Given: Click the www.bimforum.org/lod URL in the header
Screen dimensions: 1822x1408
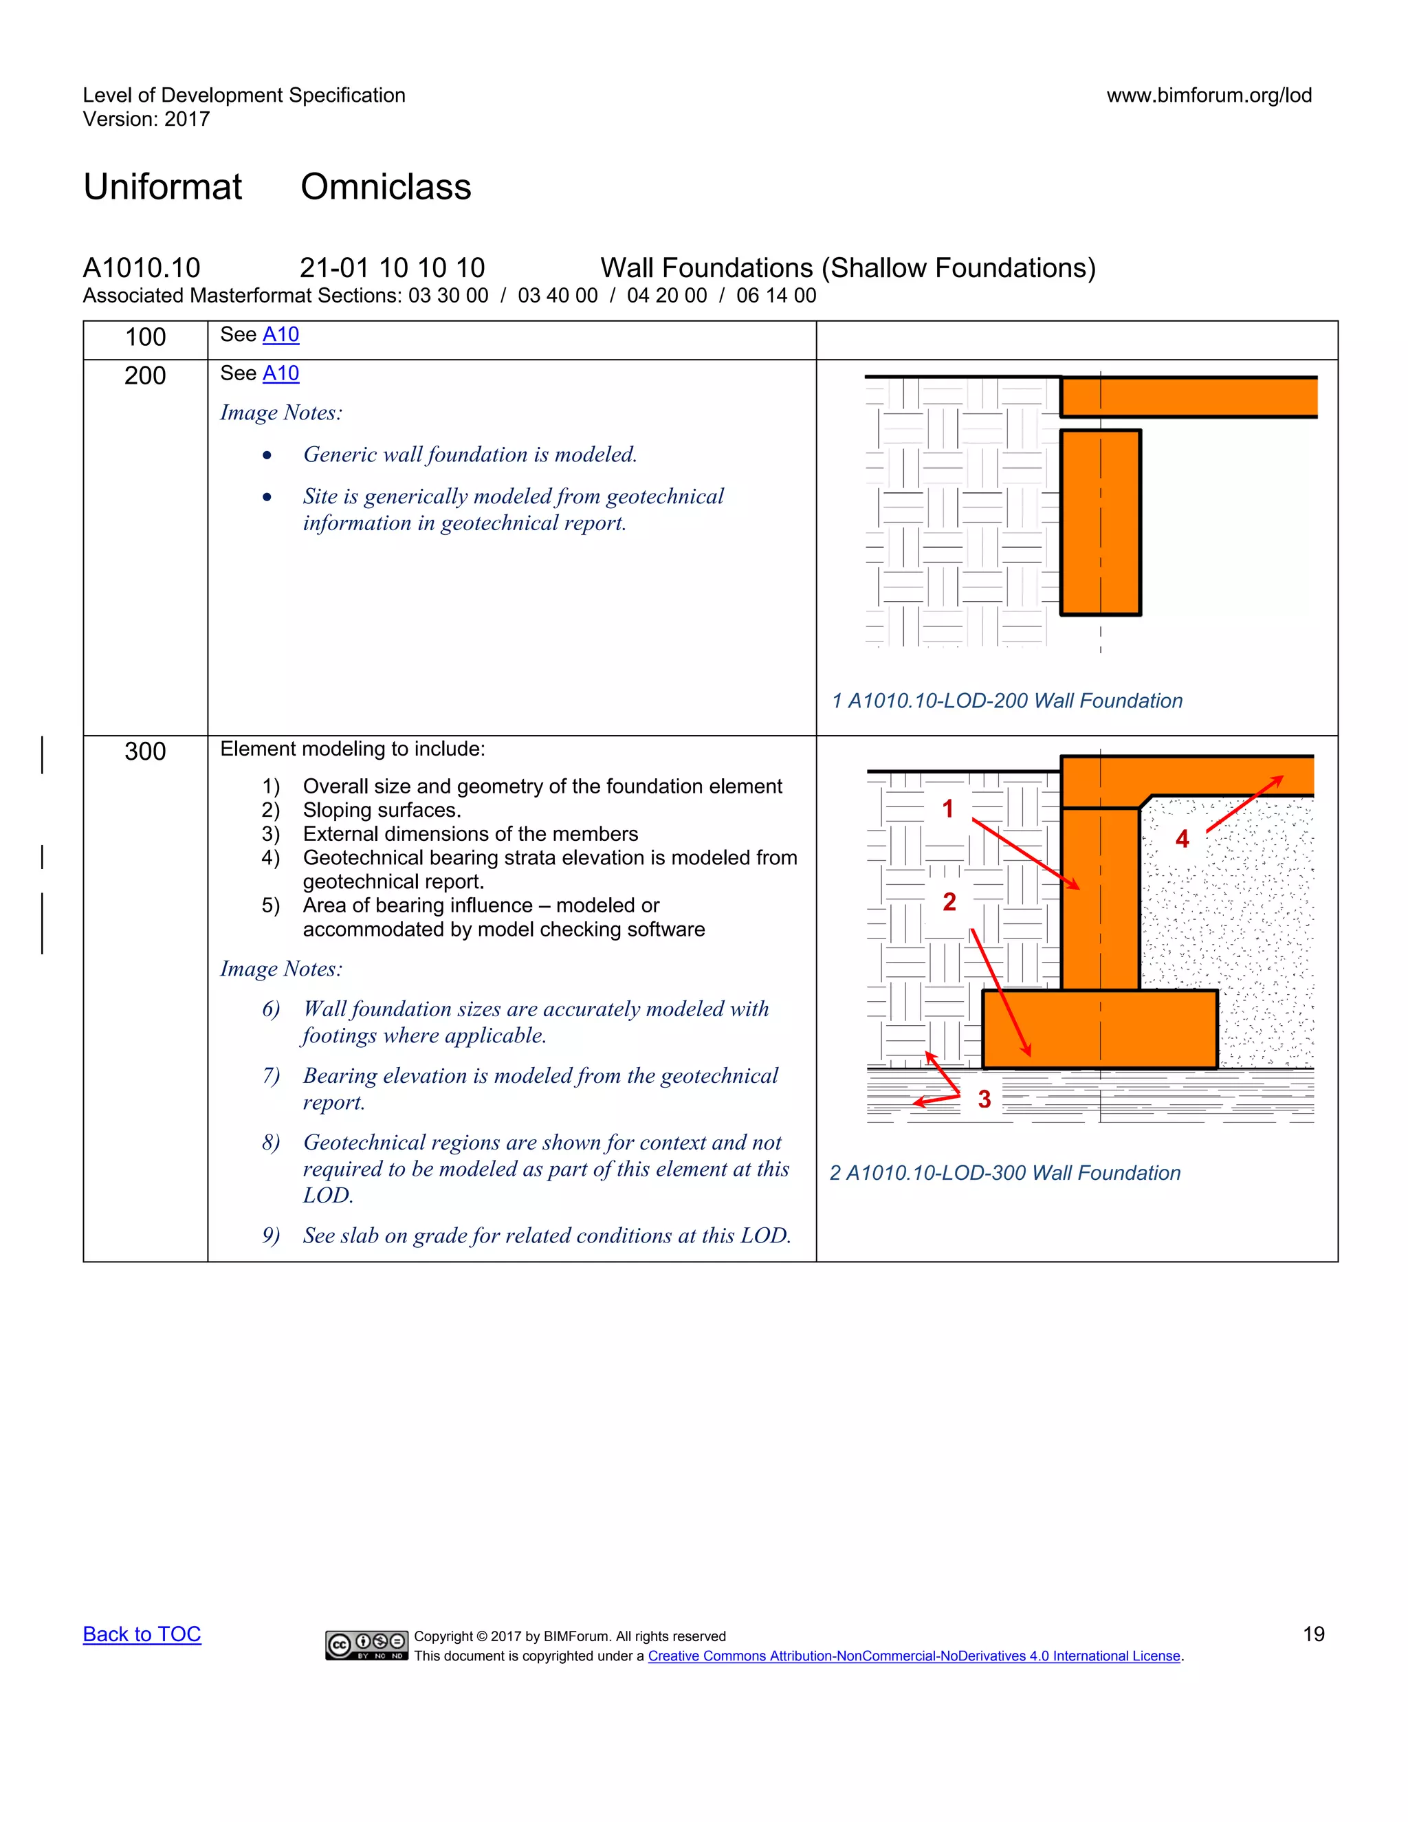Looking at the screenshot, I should pyautogui.click(x=1209, y=95).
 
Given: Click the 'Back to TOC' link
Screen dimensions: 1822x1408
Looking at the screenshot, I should pyautogui.click(x=142, y=1634).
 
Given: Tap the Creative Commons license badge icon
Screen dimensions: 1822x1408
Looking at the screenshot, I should pyautogui.click(x=366, y=1645).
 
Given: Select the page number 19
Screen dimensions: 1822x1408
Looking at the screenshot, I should pyautogui.click(x=1313, y=1634).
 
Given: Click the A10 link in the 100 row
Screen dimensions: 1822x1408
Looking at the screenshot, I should pyautogui.click(x=280, y=335).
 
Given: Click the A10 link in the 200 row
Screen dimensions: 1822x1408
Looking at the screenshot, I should pyautogui.click(x=280, y=373).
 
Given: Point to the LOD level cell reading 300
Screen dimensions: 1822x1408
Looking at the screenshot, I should pyautogui.click(x=145, y=751).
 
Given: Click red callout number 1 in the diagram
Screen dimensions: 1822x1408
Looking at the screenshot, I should pyautogui.click(x=947, y=809).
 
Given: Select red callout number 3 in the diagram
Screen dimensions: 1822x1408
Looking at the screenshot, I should pyautogui.click(x=984, y=1099).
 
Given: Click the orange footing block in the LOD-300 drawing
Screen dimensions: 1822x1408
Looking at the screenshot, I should pyautogui.click(x=1099, y=1029).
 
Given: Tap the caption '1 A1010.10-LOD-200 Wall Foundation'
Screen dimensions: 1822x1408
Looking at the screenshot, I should pyautogui.click(x=1006, y=701).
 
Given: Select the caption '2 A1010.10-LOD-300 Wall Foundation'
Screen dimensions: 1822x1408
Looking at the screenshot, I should pyautogui.click(x=1005, y=1173).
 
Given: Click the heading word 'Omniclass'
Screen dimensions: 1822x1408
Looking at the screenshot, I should pyautogui.click(x=386, y=187).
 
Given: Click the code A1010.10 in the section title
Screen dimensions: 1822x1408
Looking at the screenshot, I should pyautogui.click(x=142, y=267).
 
